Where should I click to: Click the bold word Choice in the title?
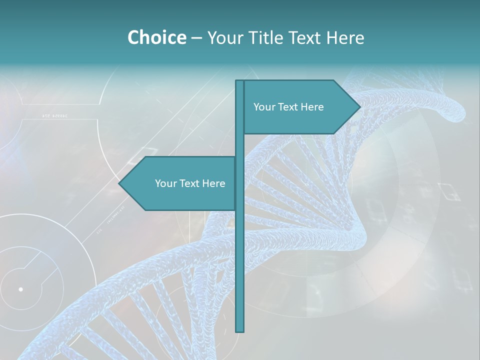156,37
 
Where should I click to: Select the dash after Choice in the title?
196,38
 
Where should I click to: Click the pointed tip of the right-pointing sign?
359,106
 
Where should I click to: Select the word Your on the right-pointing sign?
264,107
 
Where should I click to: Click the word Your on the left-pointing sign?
165,183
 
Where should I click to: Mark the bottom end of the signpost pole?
240,330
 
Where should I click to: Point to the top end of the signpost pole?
240,81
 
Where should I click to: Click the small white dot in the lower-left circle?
20,289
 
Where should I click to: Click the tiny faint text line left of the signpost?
54,116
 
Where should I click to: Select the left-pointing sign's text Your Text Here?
190,183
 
